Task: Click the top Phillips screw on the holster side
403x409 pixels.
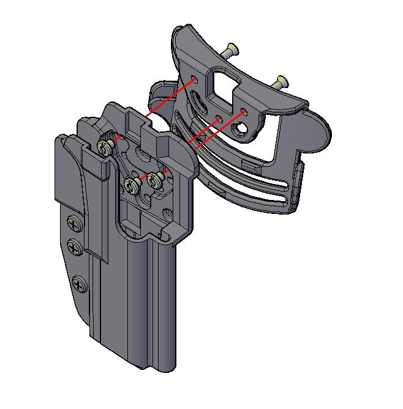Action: (x=73, y=224)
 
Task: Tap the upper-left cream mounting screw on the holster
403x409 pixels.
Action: (x=105, y=146)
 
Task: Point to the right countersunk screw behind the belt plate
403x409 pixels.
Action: (x=281, y=81)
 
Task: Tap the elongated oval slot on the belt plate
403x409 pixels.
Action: (x=199, y=106)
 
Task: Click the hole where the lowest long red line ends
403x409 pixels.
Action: (x=244, y=112)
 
